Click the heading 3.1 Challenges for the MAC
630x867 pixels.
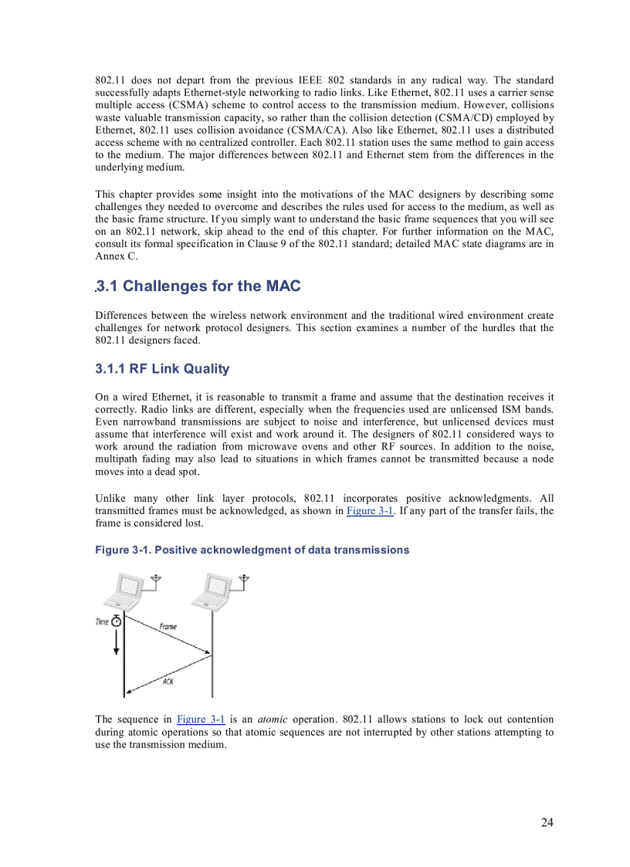(198, 286)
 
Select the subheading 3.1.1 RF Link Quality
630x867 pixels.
(162, 369)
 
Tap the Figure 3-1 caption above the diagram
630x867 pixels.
(252, 550)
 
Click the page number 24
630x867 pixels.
(547, 822)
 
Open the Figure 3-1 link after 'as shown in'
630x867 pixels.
(371, 511)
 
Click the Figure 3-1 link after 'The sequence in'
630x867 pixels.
(201, 720)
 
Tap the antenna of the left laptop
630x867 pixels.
(157, 580)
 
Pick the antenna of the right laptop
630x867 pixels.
(244, 580)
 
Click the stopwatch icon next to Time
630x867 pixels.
(117, 621)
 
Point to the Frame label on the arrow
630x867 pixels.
(168, 626)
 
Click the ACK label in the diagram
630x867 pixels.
(168, 680)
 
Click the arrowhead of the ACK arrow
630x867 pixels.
(128, 692)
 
